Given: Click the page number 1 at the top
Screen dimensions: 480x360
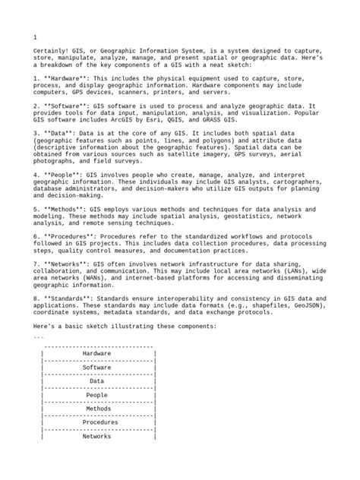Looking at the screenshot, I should [x=36, y=37].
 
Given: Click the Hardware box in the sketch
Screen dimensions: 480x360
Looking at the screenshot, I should [x=96, y=353].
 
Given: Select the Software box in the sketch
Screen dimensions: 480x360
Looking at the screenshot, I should [x=96, y=367].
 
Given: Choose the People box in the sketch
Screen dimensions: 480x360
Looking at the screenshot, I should [x=96, y=395].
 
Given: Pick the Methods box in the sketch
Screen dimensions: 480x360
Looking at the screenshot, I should [x=96, y=409].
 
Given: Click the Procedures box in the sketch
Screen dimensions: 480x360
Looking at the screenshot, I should [x=96, y=422].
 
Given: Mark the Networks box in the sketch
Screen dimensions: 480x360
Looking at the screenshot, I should [x=96, y=437].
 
